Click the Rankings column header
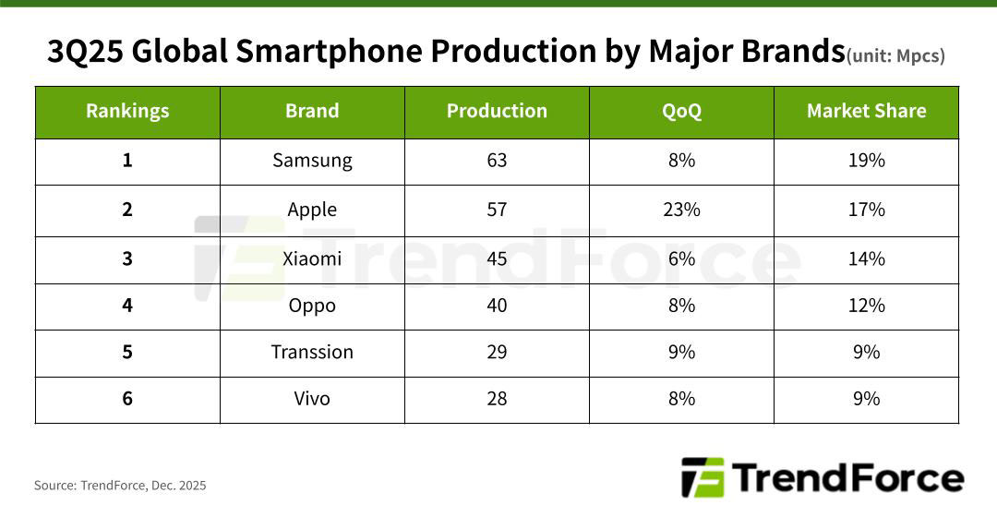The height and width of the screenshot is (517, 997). click(127, 112)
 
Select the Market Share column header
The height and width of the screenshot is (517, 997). click(866, 112)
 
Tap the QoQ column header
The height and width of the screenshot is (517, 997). click(681, 112)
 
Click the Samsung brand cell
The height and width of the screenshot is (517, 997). click(312, 161)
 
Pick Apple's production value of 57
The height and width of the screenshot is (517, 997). click(497, 210)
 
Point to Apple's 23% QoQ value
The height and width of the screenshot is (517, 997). click(681, 210)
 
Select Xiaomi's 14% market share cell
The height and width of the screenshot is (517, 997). click(866, 258)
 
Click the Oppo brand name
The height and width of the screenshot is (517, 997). click(312, 306)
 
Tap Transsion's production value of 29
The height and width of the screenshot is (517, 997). click(497, 353)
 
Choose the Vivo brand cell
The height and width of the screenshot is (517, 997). click(312, 399)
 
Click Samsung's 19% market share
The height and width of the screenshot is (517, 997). click(866, 161)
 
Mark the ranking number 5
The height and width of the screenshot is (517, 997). click(127, 353)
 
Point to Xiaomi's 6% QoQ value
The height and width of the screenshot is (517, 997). click(681, 258)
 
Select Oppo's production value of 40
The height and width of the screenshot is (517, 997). click(497, 306)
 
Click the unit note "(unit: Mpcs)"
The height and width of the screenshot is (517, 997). click(895, 56)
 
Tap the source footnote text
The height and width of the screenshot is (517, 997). click(120, 486)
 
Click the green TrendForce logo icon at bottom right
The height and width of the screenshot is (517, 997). click(703, 478)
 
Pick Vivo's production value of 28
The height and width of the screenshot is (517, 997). click(497, 399)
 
